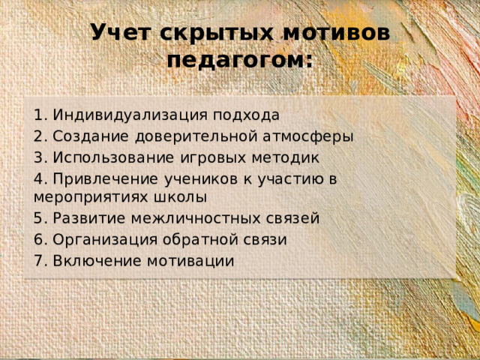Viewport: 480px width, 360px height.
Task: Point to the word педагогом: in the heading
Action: click(239, 60)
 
